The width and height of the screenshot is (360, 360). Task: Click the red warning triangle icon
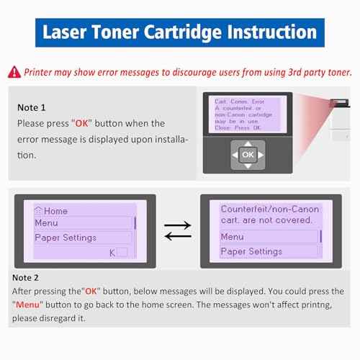pos(14,71)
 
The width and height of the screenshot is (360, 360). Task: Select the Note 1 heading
pos(31,107)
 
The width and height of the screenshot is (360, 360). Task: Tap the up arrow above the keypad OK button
pos(247,144)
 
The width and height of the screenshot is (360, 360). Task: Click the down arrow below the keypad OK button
pos(247,166)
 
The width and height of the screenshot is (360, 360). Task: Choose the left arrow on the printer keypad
pos(235,155)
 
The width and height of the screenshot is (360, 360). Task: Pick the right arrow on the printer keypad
pos(260,155)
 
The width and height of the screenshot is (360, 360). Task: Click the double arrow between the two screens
pos(177,230)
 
